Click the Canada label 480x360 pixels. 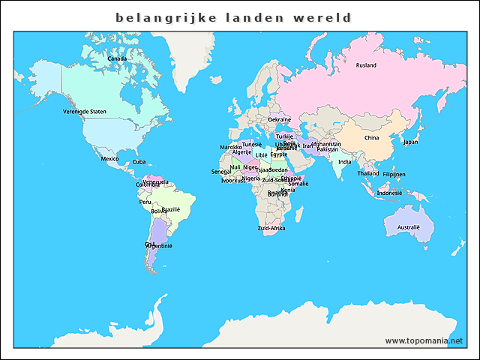[117, 58]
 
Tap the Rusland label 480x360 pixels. [366, 65]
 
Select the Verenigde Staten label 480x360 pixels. [85, 111]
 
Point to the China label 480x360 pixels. [371, 138]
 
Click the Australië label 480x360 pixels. [409, 226]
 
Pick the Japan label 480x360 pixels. [410, 142]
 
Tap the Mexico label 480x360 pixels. [110, 159]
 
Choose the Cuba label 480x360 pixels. [139, 162]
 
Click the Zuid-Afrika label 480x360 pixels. [271, 228]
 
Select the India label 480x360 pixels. [344, 162]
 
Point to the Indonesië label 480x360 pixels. [389, 193]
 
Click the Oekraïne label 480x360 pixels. [279, 120]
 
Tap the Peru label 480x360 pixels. [145, 202]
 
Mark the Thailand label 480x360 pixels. [368, 173]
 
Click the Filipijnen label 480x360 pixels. [394, 174]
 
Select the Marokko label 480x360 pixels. [231, 147]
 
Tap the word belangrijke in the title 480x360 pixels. [160, 17]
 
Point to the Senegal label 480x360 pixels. [221, 172]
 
